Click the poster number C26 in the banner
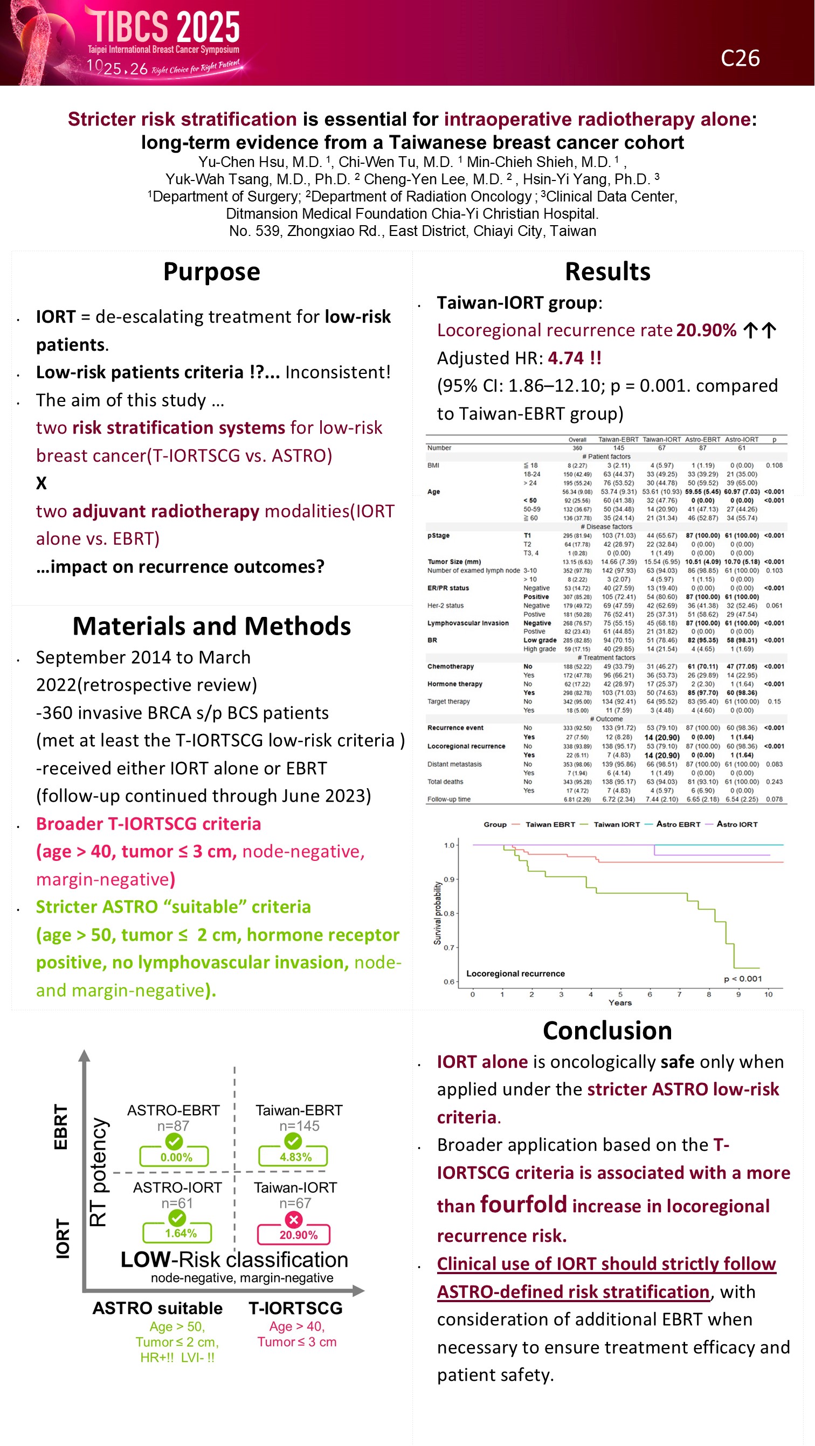click(740, 58)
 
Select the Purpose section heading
click(212, 272)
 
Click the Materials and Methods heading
click(212, 626)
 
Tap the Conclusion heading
click(607, 1031)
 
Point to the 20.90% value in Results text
click(706, 330)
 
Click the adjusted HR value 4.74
click(567, 358)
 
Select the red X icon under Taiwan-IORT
click(294, 1219)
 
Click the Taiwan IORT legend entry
click(616, 825)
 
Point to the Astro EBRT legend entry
click(678, 825)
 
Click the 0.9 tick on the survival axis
click(450, 880)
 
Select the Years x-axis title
click(619, 1003)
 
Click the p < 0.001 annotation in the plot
click(743, 979)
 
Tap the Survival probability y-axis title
click(438, 913)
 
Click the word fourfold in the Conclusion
click(523, 1205)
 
